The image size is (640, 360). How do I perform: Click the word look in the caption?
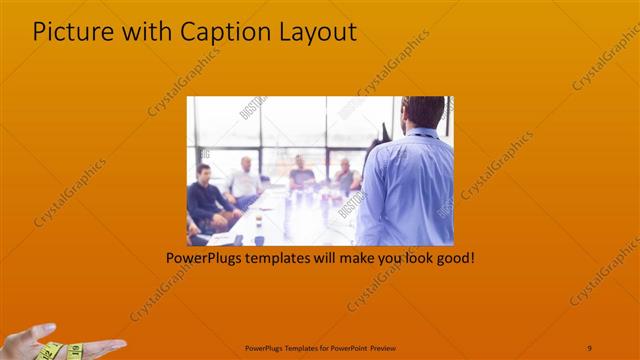click(x=411, y=257)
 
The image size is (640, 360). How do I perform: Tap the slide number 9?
click(x=589, y=347)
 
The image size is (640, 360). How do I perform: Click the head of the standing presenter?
click(x=424, y=111)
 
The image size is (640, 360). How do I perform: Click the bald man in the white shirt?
click(x=244, y=180)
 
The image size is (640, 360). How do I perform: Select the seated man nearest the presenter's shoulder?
click(x=346, y=174)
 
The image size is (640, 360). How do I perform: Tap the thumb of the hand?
click(x=44, y=330)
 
